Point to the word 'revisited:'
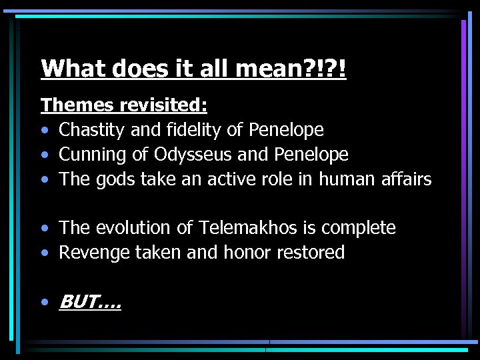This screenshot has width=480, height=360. (x=163, y=105)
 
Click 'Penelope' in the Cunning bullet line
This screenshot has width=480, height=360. (x=309, y=155)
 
